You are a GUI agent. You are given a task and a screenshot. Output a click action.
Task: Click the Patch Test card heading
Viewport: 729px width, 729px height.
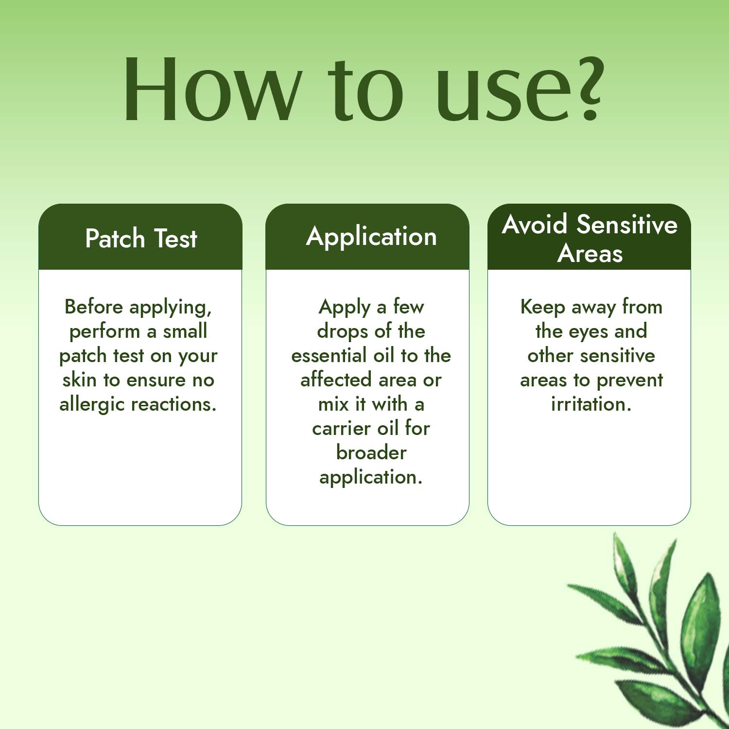pyautogui.click(x=141, y=238)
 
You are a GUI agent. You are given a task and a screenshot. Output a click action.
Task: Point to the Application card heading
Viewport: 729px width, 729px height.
pyautogui.click(x=371, y=238)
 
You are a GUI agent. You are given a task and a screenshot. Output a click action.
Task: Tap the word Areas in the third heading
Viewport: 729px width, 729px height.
pyautogui.click(x=590, y=253)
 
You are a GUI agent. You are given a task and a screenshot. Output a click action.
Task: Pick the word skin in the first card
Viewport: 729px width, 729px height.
pyautogui.click(x=79, y=380)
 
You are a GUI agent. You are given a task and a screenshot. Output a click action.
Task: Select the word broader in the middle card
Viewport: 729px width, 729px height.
pyautogui.click(x=371, y=452)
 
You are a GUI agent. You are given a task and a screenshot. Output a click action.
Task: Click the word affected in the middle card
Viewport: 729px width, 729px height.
pyautogui.click(x=336, y=380)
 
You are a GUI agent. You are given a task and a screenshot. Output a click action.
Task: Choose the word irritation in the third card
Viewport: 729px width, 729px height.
pyautogui.click(x=591, y=404)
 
